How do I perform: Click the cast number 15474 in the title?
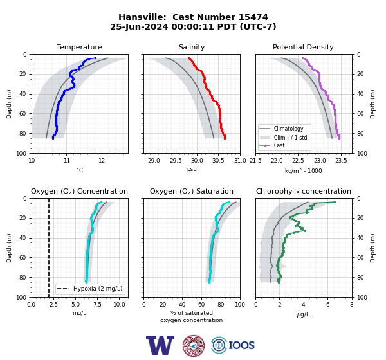(x=253, y=17)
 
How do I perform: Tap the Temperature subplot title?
(x=79, y=47)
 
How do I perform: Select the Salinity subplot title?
(x=192, y=47)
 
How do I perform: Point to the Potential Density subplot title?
(x=303, y=47)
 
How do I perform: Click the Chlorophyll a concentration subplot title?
(x=303, y=191)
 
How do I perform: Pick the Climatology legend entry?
(x=288, y=129)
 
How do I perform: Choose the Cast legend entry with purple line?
(x=279, y=145)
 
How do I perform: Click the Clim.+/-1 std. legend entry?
(x=291, y=138)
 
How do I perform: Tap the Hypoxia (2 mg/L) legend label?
(x=98, y=289)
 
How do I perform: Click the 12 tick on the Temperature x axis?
(x=102, y=161)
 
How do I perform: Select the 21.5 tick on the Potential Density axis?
(x=255, y=161)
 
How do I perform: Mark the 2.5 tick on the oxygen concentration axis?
(x=53, y=305)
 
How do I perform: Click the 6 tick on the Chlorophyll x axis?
(x=328, y=305)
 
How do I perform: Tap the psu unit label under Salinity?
(x=192, y=169)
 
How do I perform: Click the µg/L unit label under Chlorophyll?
(x=303, y=314)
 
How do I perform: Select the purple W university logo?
(x=160, y=345)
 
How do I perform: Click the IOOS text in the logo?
(x=241, y=345)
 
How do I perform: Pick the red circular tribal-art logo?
(x=194, y=345)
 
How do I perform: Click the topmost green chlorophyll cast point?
(x=335, y=202)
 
